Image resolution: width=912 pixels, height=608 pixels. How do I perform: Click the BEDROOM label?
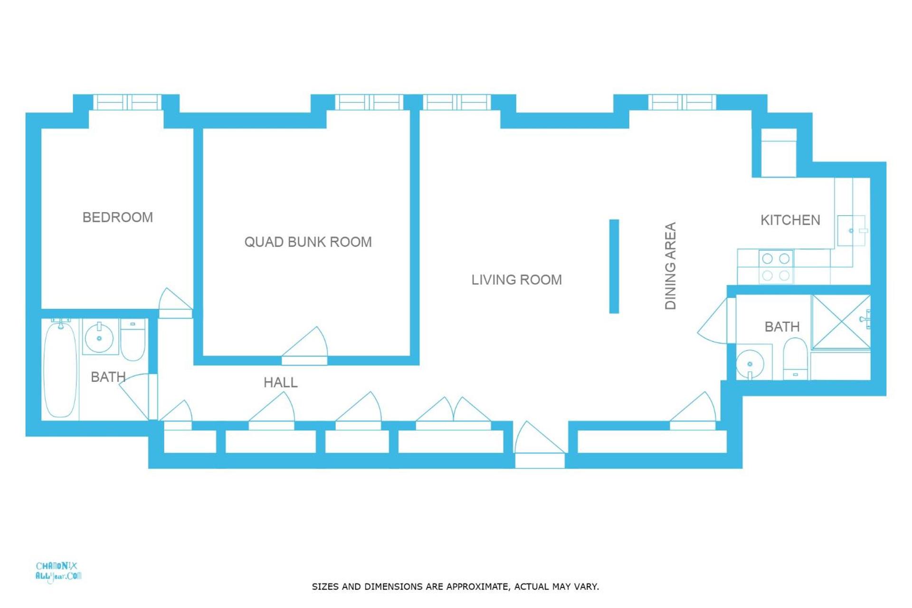[117, 218]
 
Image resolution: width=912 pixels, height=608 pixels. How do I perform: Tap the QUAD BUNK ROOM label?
[308, 242]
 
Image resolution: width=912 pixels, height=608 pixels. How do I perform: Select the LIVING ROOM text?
[516, 280]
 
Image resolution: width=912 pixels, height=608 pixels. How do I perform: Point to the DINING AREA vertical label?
[670, 266]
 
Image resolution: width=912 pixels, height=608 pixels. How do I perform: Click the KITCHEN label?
[790, 220]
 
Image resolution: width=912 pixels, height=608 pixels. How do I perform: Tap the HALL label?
[280, 382]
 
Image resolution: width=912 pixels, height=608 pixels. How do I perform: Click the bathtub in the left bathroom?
[60, 370]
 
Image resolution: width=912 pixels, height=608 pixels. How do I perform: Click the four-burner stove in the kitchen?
[776, 267]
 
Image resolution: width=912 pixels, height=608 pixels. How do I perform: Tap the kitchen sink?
[851, 231]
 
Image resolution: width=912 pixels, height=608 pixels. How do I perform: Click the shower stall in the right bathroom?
[841, 322]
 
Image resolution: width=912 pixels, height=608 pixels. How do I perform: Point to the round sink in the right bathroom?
[750, 364]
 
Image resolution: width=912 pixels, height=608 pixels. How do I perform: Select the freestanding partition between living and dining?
[614, 266]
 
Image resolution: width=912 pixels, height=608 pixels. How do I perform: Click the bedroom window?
[127, 103]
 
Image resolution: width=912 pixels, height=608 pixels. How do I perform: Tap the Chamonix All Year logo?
[58, 571]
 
